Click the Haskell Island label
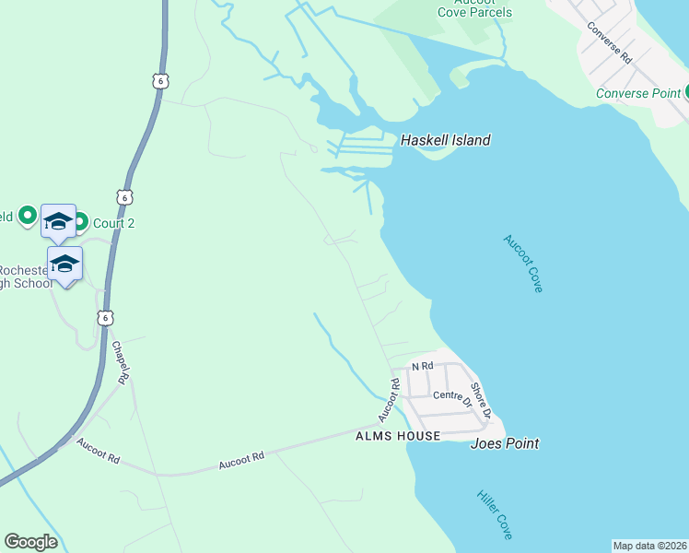445,140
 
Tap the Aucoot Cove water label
523,264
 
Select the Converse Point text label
637,93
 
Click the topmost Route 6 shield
161,81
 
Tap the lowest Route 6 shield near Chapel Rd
106,317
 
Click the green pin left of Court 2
80,222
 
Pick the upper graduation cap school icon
58,221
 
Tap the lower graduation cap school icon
65,264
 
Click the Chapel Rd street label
119,362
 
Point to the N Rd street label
422,366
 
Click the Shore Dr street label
481,398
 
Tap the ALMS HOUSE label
395,435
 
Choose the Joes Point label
504,443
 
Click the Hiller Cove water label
495,514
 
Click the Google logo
30,542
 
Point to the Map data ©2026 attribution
649,546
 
